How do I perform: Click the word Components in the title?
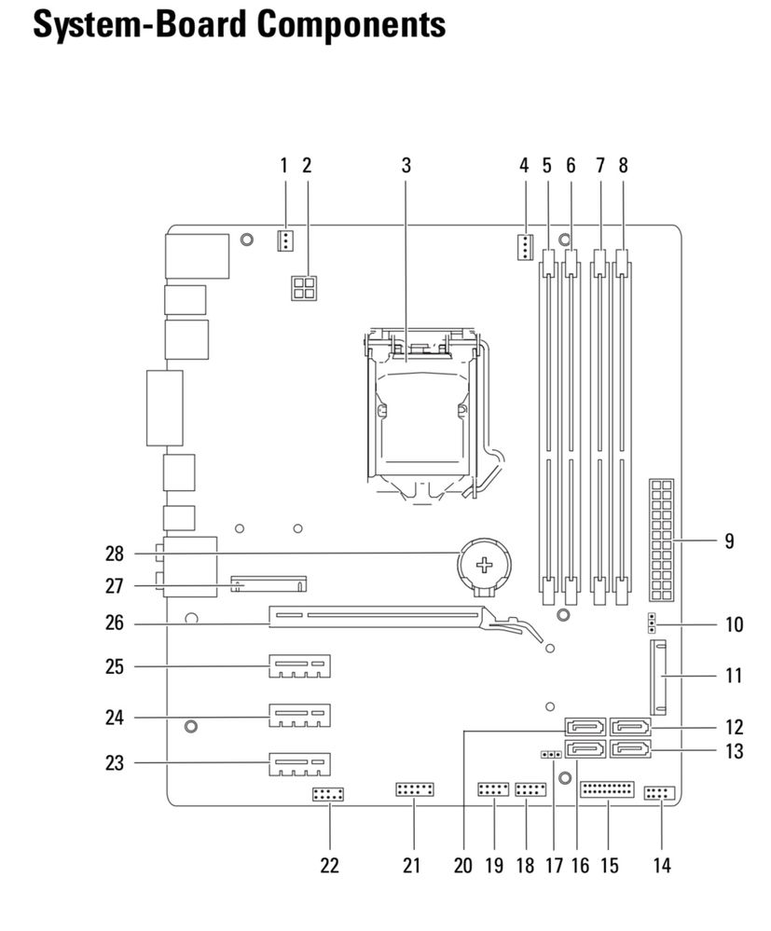click(351, 25)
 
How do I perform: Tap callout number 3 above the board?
click(406, 165)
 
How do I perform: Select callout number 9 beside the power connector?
click(729, 541)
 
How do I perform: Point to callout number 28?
click(115, 554)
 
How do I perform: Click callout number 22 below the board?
click(330, 865)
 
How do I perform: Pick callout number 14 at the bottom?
click(662, 865)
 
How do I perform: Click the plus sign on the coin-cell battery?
click(485, 565)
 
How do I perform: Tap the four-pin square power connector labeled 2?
click(304, 288)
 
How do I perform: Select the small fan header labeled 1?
click(285, 240)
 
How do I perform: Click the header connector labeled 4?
click(524, 247)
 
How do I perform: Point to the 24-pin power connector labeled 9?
click(662, 540)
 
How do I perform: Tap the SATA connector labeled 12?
click(630, 727)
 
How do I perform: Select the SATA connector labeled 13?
click(630, 750)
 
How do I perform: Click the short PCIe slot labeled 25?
click(300, 666)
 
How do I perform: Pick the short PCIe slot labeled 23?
click(300, 763)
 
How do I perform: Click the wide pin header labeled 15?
click(608, 789)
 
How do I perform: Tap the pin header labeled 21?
click(415, 789)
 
